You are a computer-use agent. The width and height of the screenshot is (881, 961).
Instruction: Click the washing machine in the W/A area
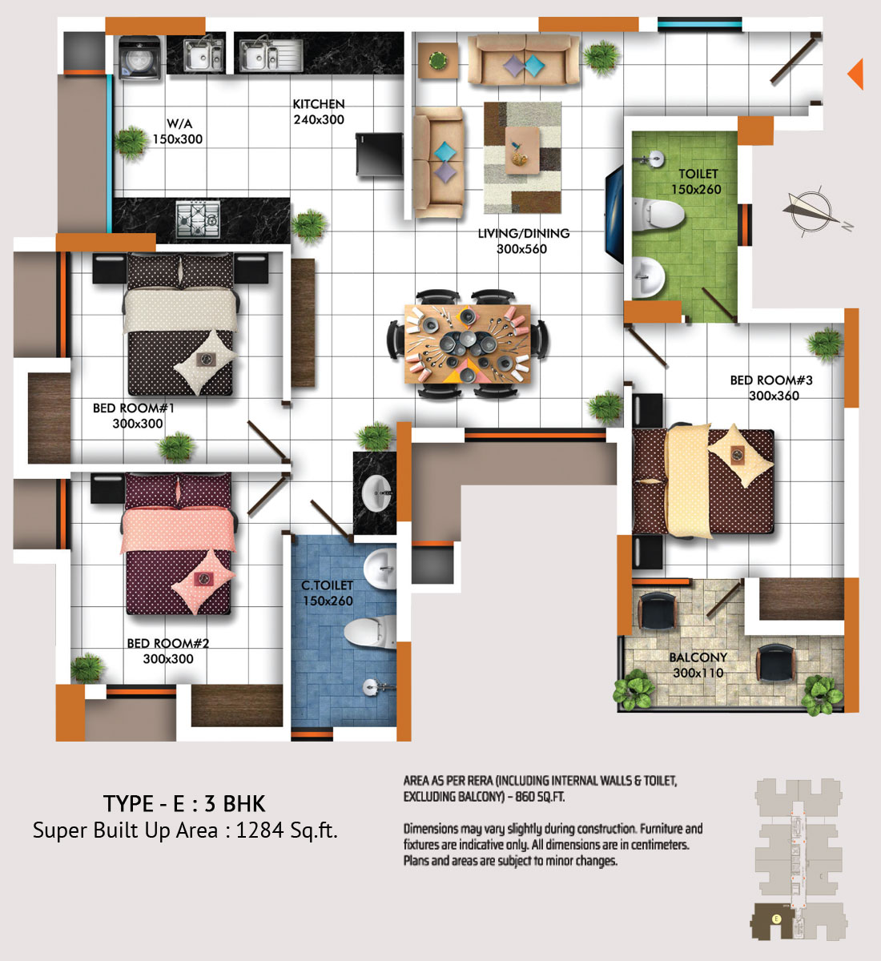(x=139, y=57)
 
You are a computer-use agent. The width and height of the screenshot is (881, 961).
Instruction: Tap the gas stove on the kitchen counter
(x=198, y=219)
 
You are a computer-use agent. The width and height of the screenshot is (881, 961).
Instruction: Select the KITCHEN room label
(x=319, y=104)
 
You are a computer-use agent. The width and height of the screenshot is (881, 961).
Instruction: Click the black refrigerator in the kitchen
(x=379, y=155)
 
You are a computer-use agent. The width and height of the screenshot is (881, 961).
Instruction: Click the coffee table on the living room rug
(x=522, y=150)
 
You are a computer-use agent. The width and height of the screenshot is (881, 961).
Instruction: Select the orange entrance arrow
(x=855, y=74)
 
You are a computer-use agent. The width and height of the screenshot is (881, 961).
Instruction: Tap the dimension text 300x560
(x=522, y=249)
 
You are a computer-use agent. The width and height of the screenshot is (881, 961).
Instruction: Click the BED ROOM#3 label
(x=771, y=380)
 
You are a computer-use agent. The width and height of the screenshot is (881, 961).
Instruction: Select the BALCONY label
(x=698, y=657)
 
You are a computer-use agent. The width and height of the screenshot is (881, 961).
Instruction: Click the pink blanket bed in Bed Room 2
(x=179, y=544)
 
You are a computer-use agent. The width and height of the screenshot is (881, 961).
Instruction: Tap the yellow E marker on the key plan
(x=777, y=919)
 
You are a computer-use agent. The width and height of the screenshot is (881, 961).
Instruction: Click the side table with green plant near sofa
(x=437, y=60)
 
